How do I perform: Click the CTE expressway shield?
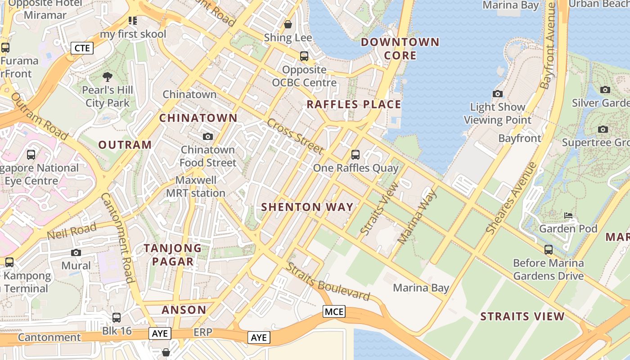pos(82,48)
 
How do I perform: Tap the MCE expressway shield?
pos(334,311)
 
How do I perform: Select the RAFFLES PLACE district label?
pos(354,104)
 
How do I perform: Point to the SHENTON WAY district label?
pos(307,207)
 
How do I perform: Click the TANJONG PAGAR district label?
pos(173,255)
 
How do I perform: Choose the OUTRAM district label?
pos(125,145)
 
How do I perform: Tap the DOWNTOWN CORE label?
pos(400,49)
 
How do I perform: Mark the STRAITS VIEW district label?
pos(522,316)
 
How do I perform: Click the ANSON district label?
pos(184,310)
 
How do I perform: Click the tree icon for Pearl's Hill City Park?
pos(108,77)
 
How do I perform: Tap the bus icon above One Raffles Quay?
pos(355,155)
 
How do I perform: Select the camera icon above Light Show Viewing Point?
pos(497,94)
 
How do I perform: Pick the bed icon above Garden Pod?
pos(568,216)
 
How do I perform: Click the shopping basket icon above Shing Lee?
pos(288,24)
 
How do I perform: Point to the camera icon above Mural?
pos(76,252)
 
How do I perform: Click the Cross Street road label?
pos(295,136)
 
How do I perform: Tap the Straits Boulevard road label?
pos(328,282)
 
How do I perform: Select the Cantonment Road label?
pos(118,238)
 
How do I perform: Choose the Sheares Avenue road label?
pos(512,198)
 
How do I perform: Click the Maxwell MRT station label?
pos(196,187)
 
